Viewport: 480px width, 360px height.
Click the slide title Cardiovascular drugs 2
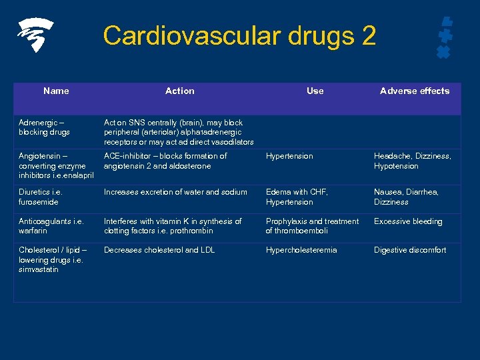click(239, 35)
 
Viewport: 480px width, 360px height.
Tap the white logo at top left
click(35, 35)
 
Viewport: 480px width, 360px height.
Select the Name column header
click(56, 91)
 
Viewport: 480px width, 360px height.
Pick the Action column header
click(179, 91)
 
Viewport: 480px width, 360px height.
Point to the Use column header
click(315, 91)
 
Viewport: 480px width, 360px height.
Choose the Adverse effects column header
click(415, 91)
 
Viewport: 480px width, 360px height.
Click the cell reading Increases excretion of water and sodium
click(175, 192)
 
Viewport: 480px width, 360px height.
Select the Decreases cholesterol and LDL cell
click(159, 250)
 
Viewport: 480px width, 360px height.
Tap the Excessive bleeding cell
click(408, 221)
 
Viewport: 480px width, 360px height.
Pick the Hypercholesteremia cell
click(301, 250)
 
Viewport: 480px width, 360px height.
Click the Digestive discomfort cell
click(410, 250)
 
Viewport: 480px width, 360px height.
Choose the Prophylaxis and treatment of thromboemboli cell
click(312, 226)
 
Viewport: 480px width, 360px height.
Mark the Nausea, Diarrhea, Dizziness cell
click(406, 197)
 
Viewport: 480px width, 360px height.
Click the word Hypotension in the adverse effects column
click(396, 166)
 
